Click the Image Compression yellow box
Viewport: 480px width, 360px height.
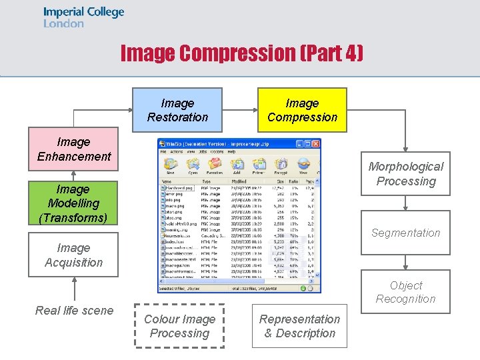point(302,110)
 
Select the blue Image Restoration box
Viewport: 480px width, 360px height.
point(177,110)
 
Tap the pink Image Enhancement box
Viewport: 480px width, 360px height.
point(73,149)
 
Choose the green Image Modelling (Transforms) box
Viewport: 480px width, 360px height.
point(73,203)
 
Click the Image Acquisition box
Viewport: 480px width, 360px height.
point(73,255)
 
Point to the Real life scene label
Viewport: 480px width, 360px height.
point(74,310)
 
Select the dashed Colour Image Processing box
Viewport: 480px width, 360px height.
point(179,326)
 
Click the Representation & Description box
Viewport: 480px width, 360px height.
point(299,326)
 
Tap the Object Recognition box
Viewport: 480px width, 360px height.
point(405,291)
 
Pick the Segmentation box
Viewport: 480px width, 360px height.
point(405,233)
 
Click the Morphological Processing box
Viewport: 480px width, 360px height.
point(405,173)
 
